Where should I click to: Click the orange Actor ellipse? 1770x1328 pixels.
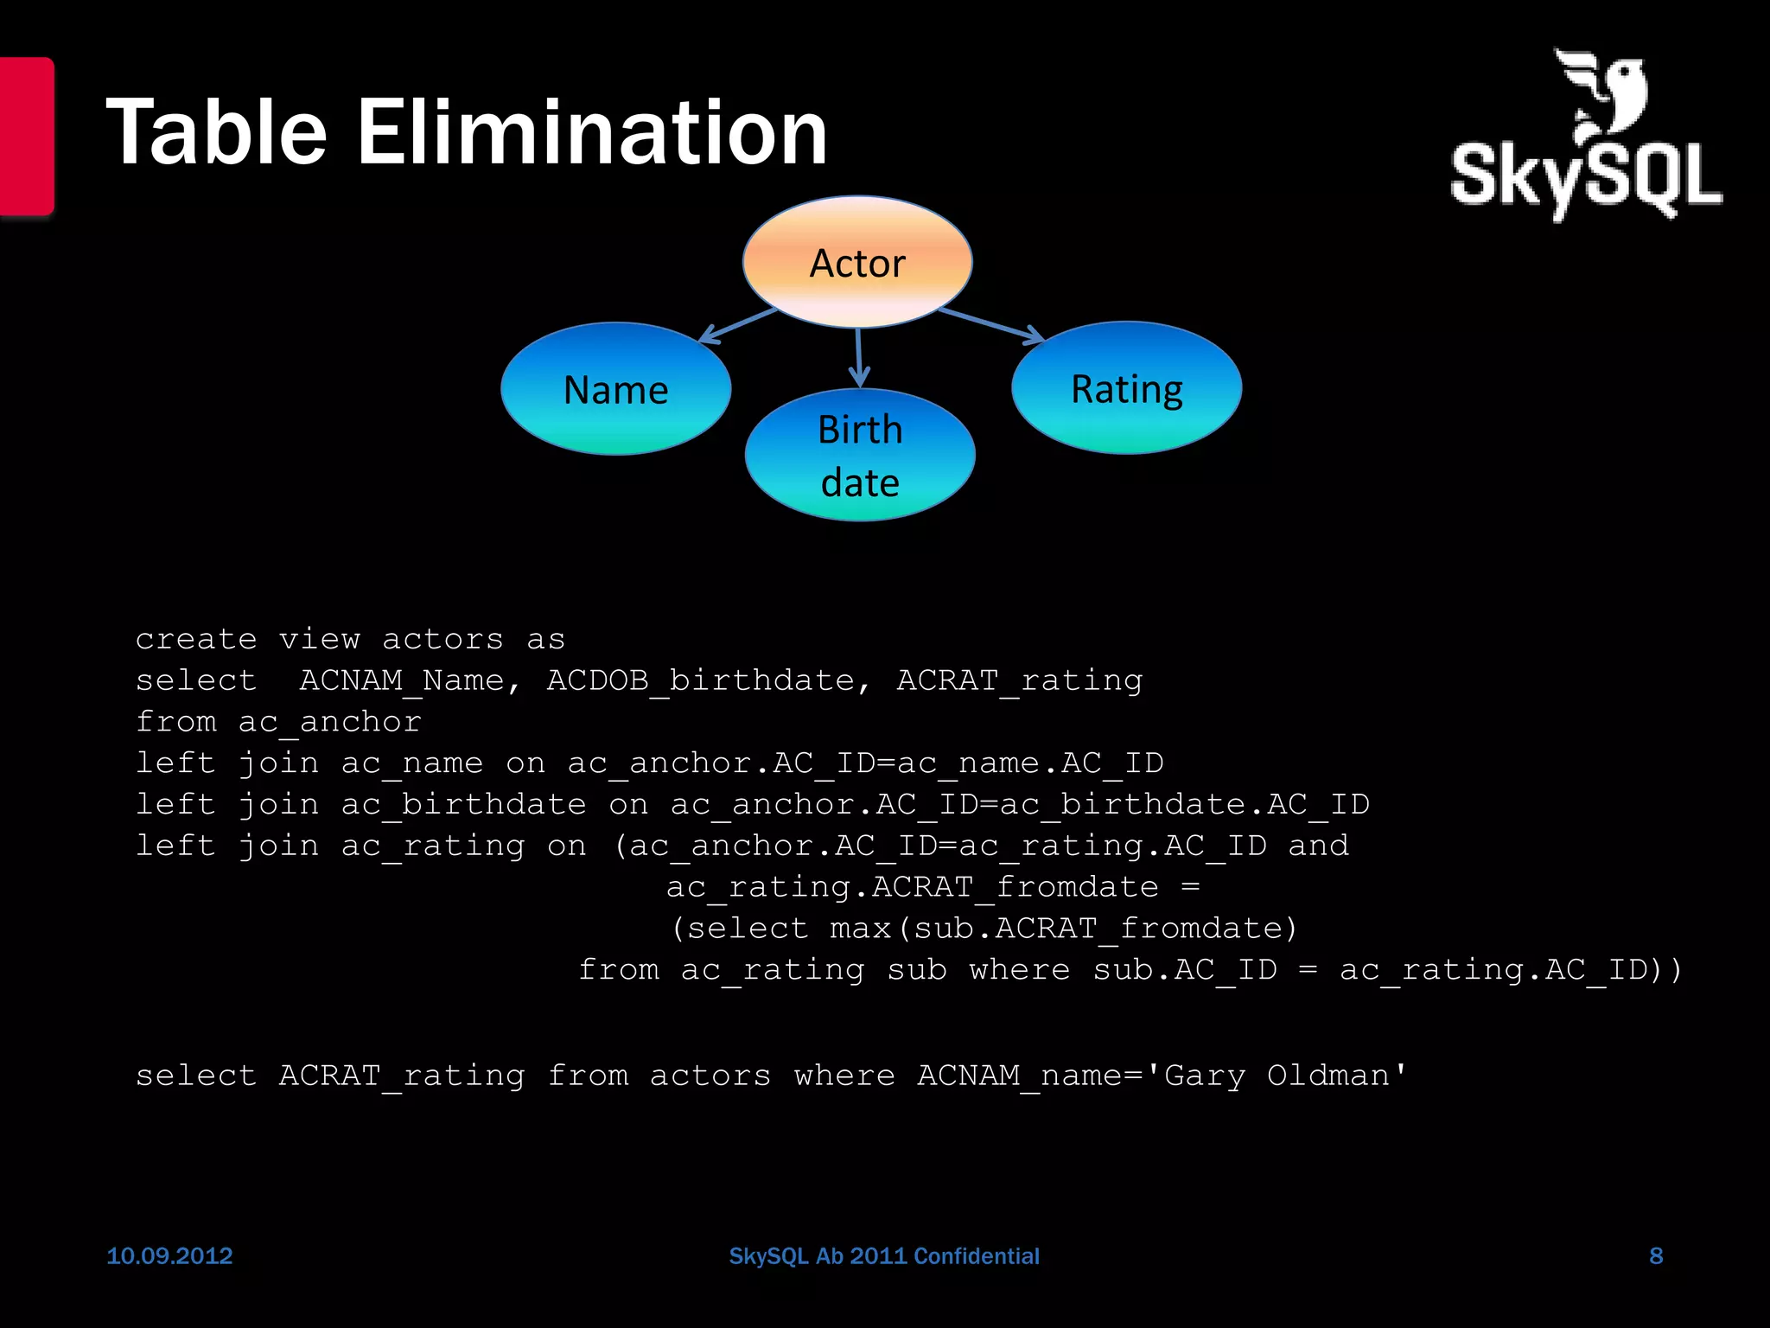(857, 262)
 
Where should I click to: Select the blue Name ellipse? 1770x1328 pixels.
(615, 389)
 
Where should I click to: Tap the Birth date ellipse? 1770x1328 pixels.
(860, 455)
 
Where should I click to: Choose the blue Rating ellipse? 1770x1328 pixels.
(1126, 388)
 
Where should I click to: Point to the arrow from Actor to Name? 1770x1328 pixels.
(739, 326)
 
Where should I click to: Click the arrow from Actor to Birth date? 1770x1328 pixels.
(858, 357)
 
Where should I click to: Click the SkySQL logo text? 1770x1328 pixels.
(1586, 177)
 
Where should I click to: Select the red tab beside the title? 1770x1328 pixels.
(26, 136)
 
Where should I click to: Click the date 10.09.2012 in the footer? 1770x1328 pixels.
(169, 1255)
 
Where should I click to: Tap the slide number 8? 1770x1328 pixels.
(1656, 1255)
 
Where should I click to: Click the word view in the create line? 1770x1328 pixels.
(319, 640)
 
